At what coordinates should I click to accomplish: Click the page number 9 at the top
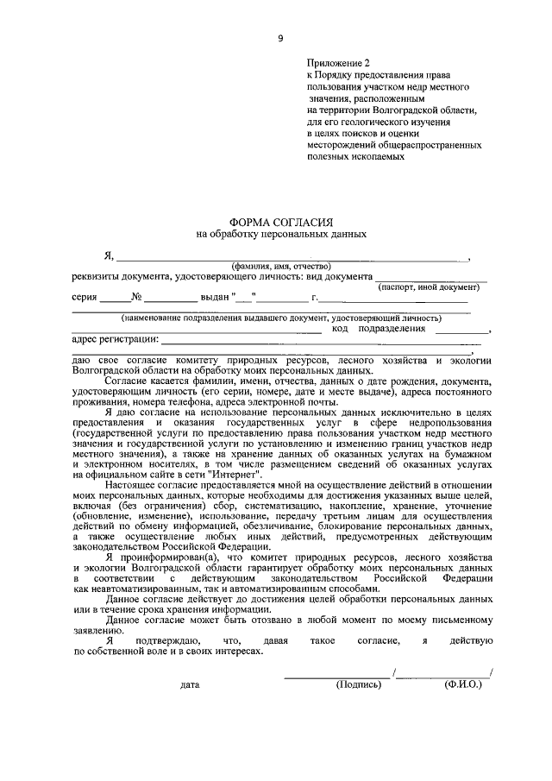279,38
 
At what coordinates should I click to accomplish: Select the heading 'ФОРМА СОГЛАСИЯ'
280,222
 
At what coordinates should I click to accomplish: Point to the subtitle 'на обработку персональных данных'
280,233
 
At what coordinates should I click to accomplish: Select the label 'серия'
85,298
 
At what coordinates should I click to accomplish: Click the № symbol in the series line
136,298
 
